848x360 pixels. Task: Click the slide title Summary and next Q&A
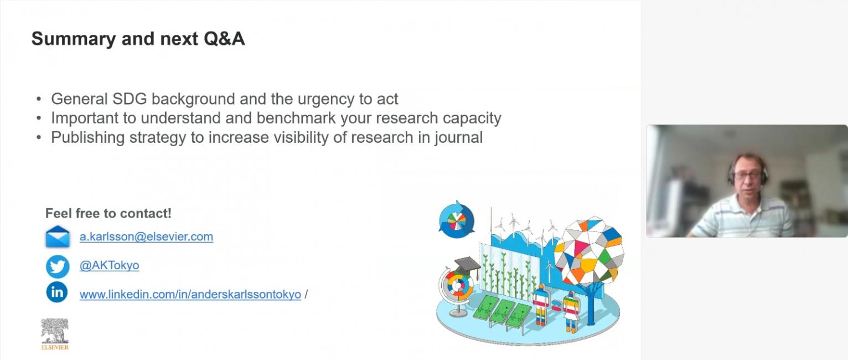(138, 39)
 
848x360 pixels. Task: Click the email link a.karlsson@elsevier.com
(146, 236)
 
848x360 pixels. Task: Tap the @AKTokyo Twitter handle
(110, 265)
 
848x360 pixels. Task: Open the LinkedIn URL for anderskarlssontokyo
(190, 294)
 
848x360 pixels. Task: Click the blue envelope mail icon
(58, 236)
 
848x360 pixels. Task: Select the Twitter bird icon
(58, 266)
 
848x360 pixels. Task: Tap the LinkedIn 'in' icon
(57, 292)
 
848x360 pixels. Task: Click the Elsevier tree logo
(55, 334)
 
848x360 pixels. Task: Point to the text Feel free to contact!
(108, 213)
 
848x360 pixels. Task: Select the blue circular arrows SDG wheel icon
(457, 220)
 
